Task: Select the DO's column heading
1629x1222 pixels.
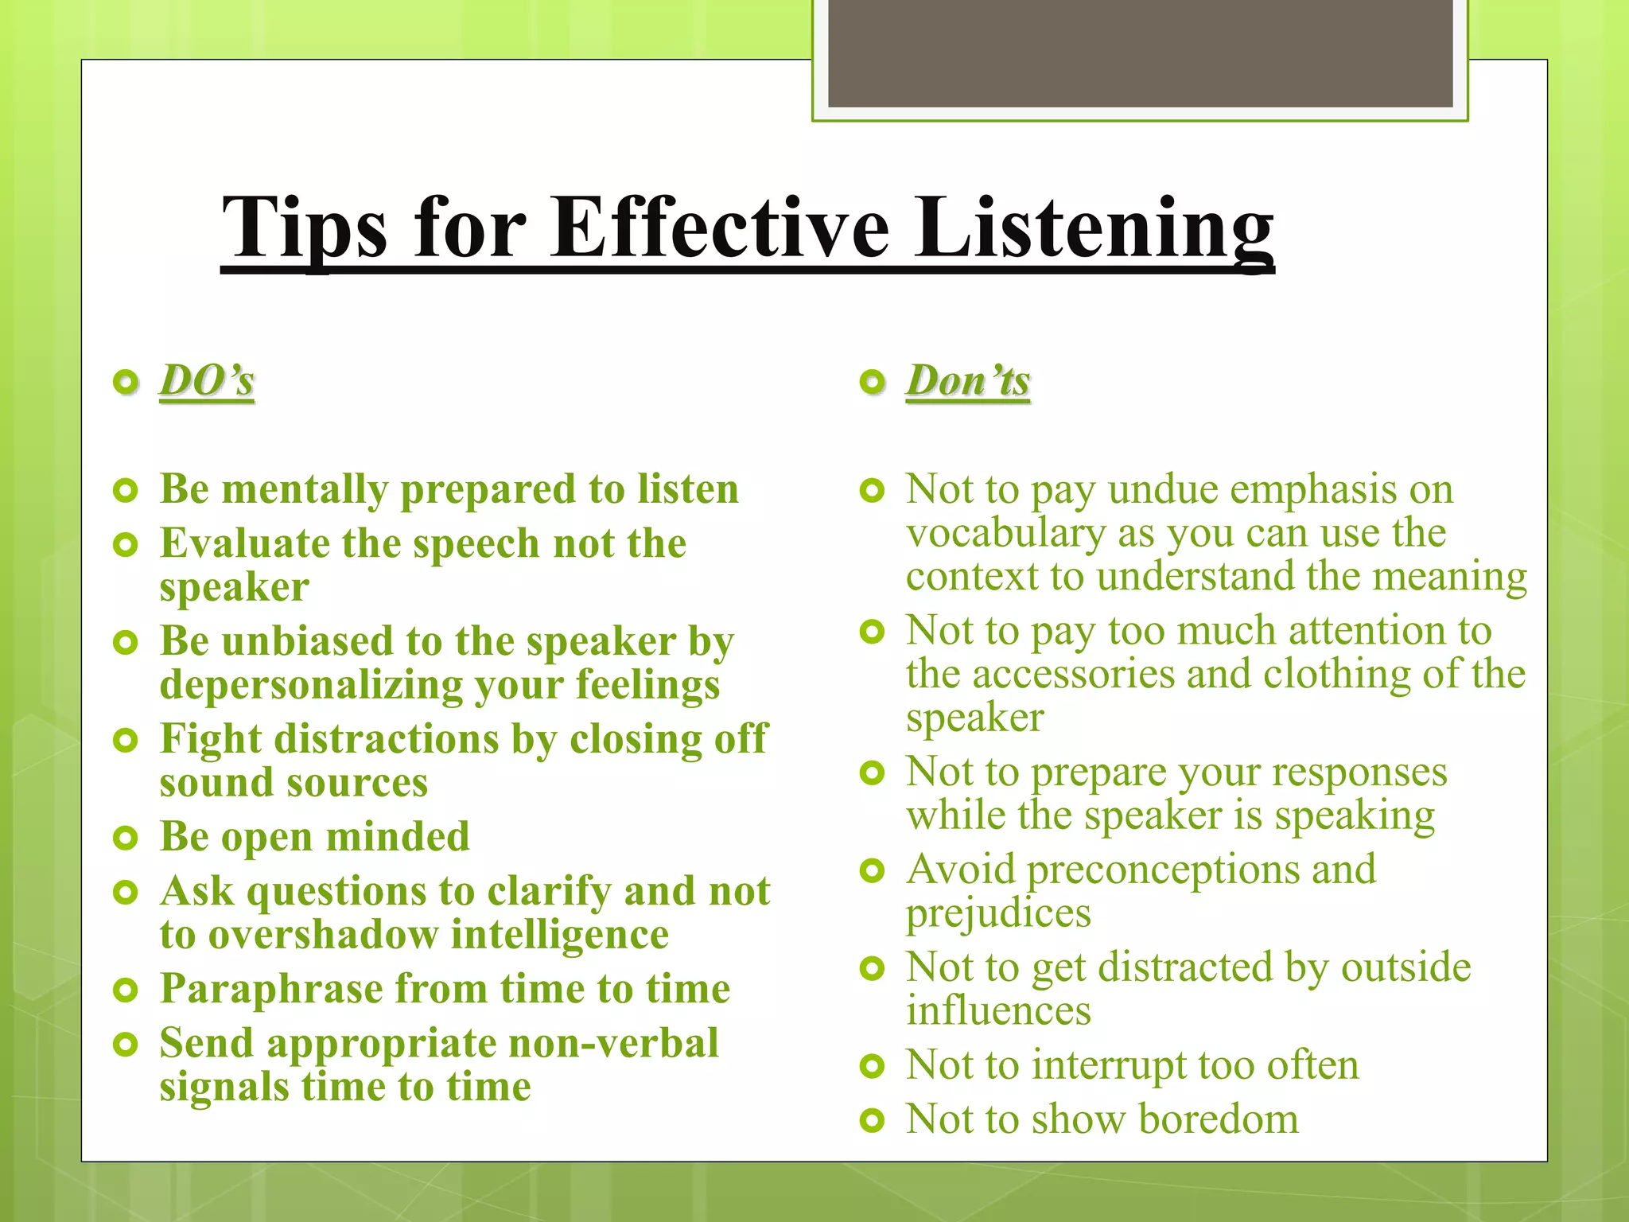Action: coord(207,380)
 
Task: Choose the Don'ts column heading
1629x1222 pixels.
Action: coord(968,380)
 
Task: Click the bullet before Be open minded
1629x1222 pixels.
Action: coord(126,838)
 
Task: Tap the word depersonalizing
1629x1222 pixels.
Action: coord(310,686)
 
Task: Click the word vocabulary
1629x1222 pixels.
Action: coord(1005,533)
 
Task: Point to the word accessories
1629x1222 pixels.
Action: coord(1073,675)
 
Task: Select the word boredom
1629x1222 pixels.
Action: coord(1219,1119)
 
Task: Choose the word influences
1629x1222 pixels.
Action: coord(998,1011)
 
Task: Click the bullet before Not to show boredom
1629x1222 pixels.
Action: coord(873,1121)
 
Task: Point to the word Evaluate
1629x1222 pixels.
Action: coord(245,544)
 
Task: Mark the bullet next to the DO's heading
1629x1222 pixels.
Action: coord(126,383)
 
